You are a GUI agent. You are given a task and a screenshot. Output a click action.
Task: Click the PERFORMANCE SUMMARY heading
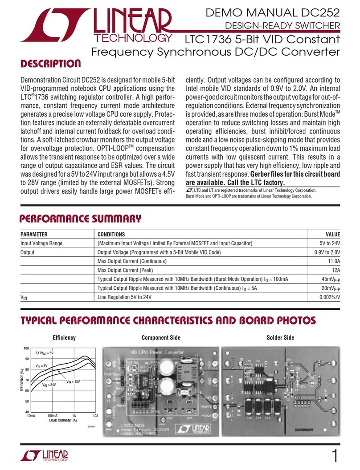[81, 219]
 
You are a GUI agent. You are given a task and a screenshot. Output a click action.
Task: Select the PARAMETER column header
[34, 235]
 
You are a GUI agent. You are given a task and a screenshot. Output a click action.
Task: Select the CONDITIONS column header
[111, 235]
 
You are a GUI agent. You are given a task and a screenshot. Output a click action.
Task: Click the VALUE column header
[332, 235]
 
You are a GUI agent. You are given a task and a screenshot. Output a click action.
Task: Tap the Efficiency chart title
[64, 338]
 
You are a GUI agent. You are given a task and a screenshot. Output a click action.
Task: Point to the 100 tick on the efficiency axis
[25, 348]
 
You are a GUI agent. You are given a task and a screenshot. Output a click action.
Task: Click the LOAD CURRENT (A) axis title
[60, 420]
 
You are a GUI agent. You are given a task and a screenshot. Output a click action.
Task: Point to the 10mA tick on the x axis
[31, 415]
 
